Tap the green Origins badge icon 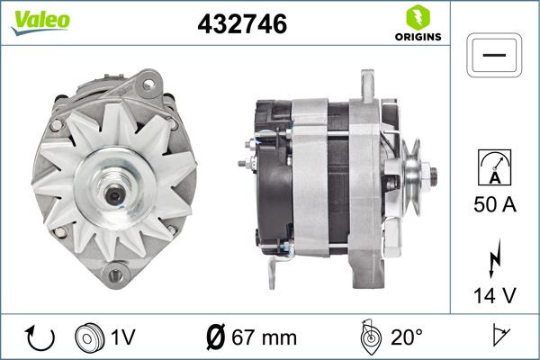[x=418, y=16]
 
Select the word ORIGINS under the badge [x=418, y=39]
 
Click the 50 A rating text [x=494, y=205]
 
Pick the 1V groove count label [x=123, y=337]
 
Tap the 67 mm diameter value [x=264, y=337]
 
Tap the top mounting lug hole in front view [x=148, y=85]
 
